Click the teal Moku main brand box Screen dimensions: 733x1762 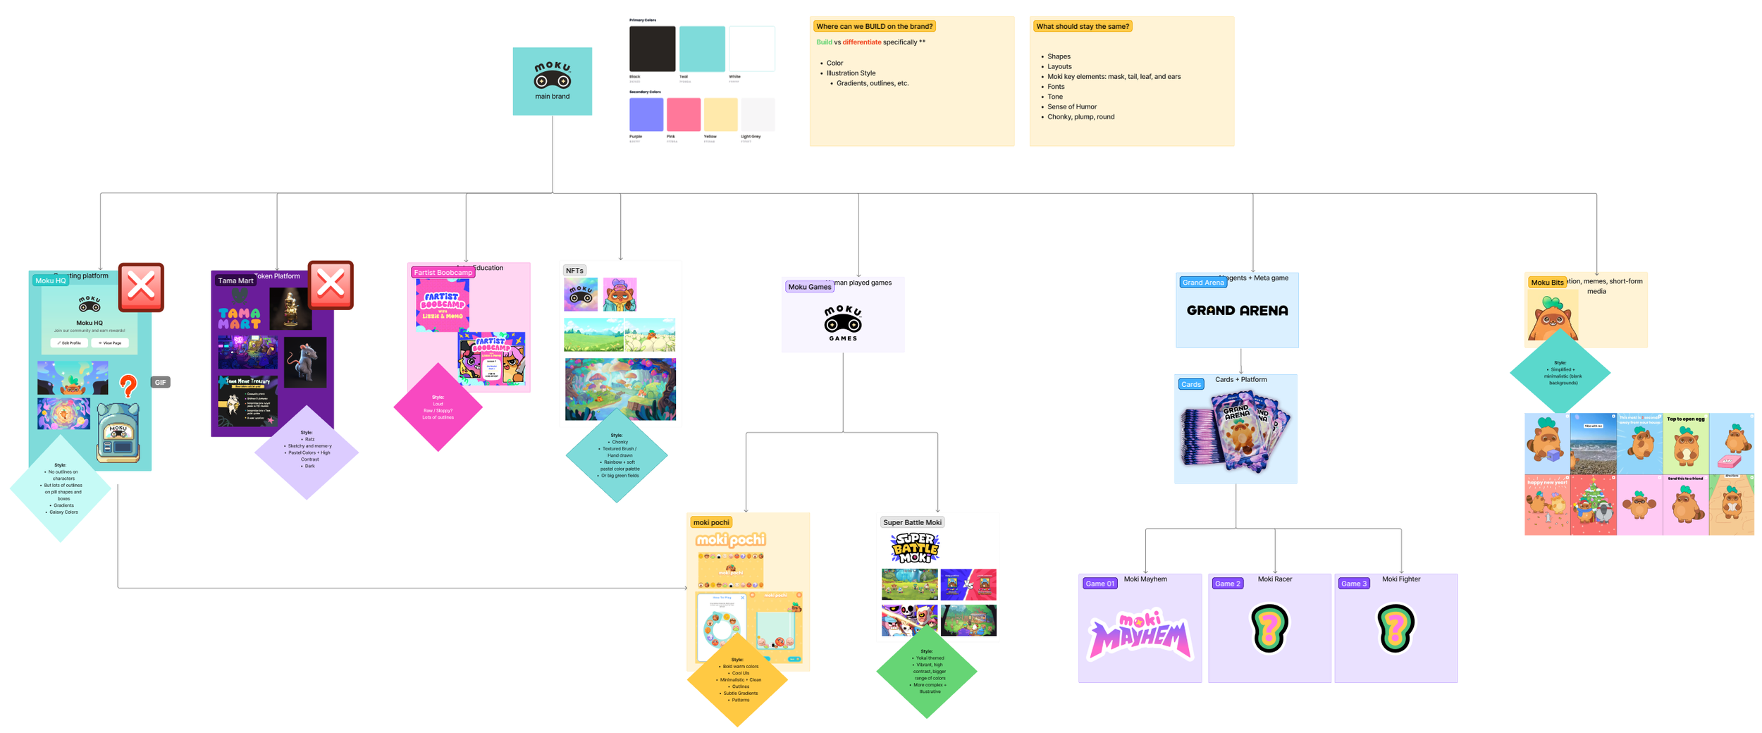tap(552, 81)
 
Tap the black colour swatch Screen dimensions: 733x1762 tap(652, 49)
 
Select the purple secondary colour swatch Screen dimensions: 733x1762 tap(646, 114)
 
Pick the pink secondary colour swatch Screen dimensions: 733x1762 tap(683, 114)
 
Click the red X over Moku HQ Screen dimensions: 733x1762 tap(141, 287)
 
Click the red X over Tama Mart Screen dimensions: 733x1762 tap(331, 285)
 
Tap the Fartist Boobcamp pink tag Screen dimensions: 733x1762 tap(443, 272)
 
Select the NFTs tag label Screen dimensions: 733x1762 tap(574, 271)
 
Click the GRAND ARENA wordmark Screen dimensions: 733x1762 tap(1237, 310)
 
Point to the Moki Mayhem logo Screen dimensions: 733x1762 tap(1140, 634)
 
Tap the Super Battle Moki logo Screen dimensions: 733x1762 tap(915, 548)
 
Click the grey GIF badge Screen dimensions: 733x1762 tap(161, 382)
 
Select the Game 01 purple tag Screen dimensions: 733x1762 tap(1099, 584)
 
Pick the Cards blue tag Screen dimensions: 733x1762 tap(1190, 384)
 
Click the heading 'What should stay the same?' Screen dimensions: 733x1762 tap(1083, 26)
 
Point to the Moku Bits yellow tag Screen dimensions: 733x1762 tap(1546, 283)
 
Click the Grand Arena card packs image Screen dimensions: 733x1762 tap(1235, 431)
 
